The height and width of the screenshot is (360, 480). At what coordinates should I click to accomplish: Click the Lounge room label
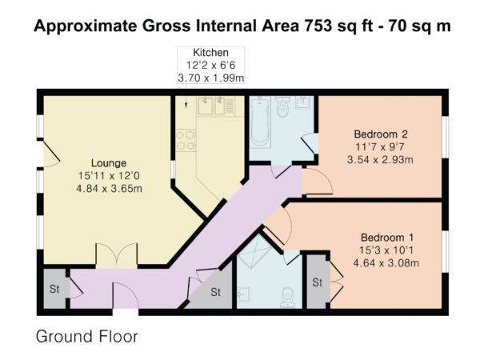109,163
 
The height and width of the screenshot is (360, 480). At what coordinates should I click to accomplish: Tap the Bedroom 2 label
381,134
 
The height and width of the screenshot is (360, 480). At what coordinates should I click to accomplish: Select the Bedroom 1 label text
387,238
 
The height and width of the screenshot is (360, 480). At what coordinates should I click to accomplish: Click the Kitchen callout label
210,52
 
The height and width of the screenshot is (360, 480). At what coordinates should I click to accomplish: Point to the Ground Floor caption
87,336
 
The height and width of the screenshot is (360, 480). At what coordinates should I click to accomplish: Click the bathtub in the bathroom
260,122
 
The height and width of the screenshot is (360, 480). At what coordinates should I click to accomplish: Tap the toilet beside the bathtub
282,106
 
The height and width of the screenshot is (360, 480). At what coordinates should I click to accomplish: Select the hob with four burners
186,140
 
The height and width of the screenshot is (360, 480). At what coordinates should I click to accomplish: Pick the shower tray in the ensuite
254,251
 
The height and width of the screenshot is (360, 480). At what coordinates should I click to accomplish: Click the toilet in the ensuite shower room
287,297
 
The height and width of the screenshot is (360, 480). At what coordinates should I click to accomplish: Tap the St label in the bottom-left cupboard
54,289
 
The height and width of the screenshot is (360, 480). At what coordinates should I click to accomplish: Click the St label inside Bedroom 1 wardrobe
317,282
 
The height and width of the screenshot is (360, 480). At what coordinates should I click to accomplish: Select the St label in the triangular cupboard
215,292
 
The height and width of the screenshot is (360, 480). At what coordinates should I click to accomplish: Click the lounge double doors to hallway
117,256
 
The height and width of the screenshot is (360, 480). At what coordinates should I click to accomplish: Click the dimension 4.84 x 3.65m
109,189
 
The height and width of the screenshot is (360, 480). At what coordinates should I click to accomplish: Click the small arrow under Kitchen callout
186,99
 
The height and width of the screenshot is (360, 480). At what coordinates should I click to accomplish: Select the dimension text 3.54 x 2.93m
380,160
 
